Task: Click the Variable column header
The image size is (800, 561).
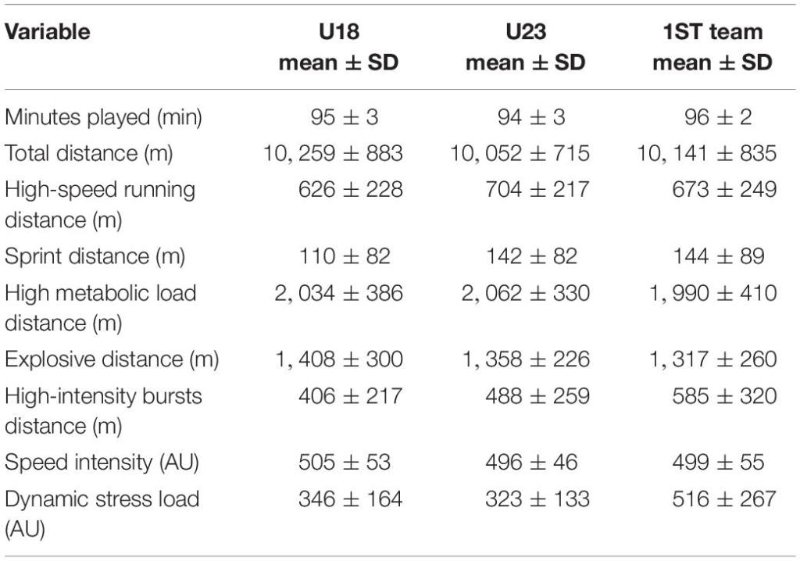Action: pyautogui.click(x=48, y=32)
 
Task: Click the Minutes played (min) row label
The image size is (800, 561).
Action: pyautogui.click(x=104, y=117)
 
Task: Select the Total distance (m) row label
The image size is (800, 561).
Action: pyautogui.click(x=89, y=153)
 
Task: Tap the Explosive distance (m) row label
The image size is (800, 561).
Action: pyautogui.click(x=112, y=359)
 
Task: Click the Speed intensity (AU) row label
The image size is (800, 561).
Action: pyautogui.click(x=102, y=463)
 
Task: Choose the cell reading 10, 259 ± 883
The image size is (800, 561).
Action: pyautogui.click(x=333, y=153)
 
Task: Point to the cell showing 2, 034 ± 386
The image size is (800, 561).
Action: pyautogui.click(x=333, y=293)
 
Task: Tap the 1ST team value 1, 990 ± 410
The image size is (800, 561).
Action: pyautogui.click(x=707, y=293)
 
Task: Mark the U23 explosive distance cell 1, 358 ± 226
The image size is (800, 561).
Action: pyautogui.click(x=520, y=359)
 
